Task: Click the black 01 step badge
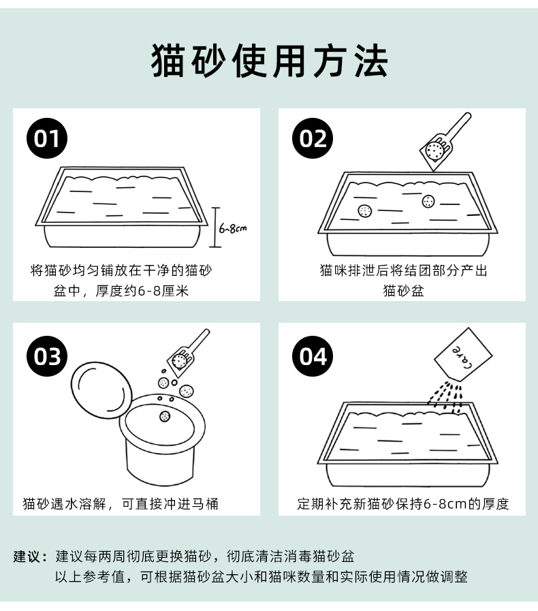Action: (x=47, y=138)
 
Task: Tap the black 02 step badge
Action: (x=313, y=138)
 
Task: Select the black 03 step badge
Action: (x=47, y=356)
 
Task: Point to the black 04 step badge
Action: (x=313, y=356)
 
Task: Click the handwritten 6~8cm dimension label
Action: (x=233, y=228)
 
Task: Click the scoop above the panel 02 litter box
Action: (x=445, y=142)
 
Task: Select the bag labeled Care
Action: (x=463, y=354)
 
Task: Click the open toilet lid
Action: (x=101, y=390)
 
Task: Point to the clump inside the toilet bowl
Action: (x=165, y=417)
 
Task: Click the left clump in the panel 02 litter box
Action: (x=364, y=210)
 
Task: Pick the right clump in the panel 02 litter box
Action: (x=428, y=201)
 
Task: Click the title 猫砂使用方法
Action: (x=269, y=61)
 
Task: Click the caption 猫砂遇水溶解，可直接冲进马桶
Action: (x=121, y=504)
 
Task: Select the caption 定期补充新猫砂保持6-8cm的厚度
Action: (x=402, y=504)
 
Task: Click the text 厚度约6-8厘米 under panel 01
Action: (x=142, y=291)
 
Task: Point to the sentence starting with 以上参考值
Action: (x=261, y=577)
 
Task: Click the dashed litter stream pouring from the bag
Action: (x=446, y=398)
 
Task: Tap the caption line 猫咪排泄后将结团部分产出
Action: (x=403, y=270)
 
